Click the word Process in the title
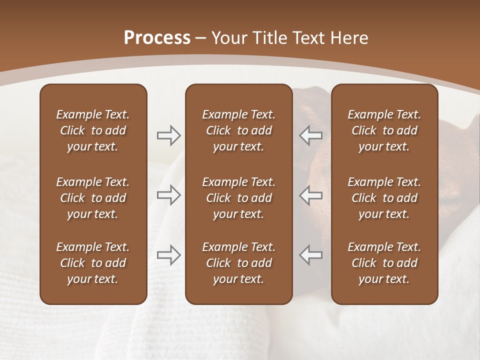157,38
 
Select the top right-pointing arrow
169,135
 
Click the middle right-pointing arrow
169,195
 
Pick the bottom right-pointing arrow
169,255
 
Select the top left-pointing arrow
310,135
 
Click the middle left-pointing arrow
310,195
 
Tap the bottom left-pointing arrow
310,255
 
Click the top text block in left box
93,130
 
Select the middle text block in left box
93,198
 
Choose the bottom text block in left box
93,263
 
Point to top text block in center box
238,130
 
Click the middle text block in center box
238,198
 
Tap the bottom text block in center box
238,263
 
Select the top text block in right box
384,130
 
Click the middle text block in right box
384,198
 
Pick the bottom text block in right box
384,263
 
